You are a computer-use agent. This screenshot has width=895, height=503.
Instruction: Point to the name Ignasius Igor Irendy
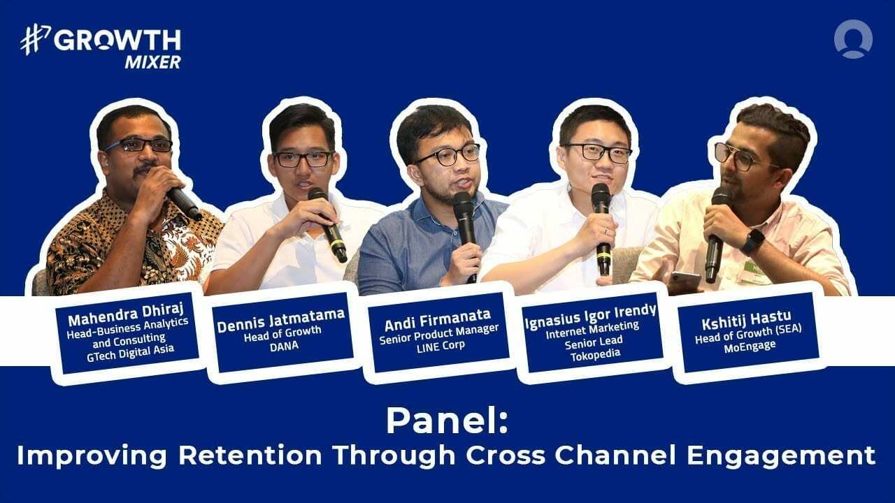tap(590, 311)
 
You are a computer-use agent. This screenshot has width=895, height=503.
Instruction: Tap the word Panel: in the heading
tap(447, 421)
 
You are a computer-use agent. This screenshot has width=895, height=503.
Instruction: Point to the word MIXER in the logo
tap(152, 61)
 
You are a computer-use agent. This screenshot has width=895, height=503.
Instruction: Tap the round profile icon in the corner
tap(852, 38)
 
